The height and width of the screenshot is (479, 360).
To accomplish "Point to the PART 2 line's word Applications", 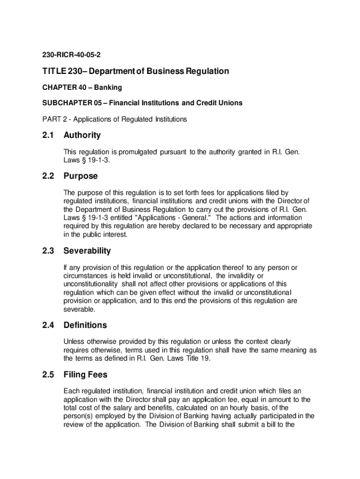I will [94, 119].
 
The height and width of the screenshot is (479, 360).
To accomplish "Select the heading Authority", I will [82, 135].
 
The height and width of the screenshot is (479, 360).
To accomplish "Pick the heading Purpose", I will [80, 176].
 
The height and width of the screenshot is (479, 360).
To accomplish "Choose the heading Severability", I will [87, 251].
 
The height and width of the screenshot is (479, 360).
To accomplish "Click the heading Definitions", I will [85, 325].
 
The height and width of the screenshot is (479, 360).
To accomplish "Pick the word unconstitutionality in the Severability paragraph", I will [92, 284].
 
